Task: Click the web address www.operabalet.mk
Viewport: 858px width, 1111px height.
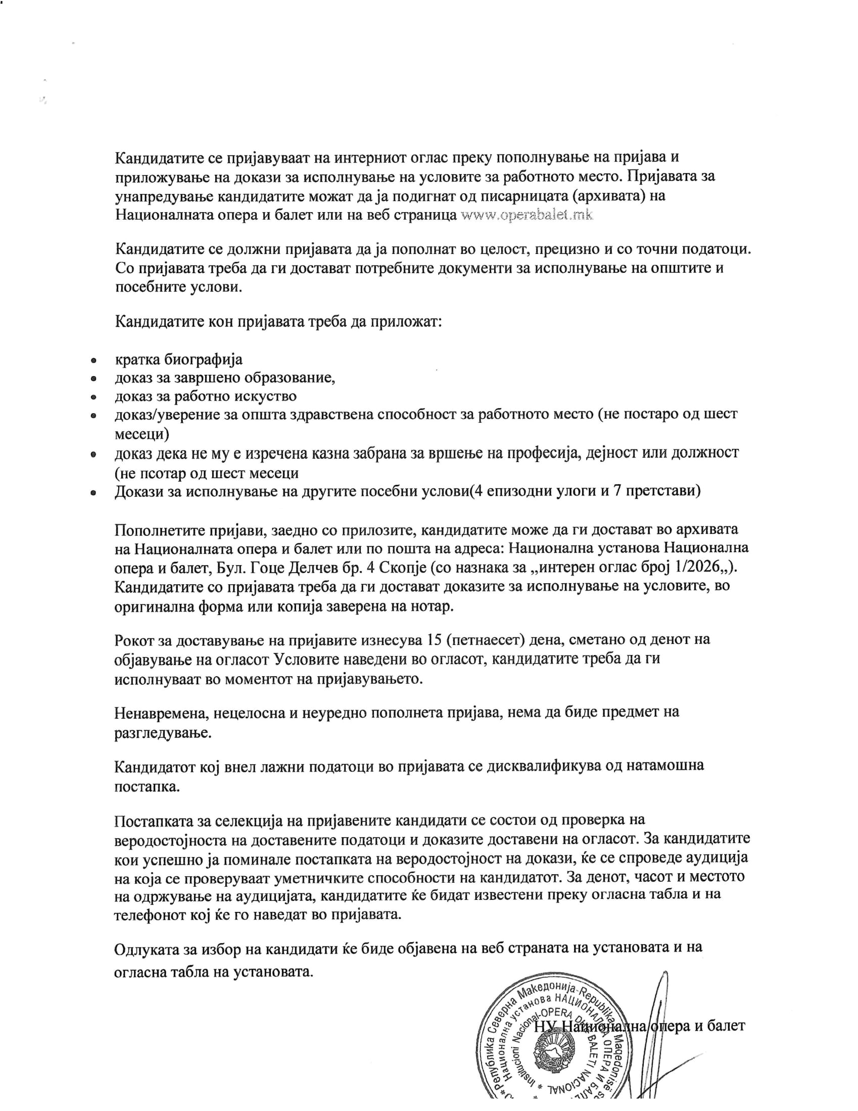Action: click(x=526, y=215)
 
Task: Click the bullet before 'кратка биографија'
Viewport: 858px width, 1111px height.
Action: click(x=93, y=361)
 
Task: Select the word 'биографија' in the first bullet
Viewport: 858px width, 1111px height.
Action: click(x=203, y=360)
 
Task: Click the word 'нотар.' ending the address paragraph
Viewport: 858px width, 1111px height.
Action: click(x=428, y=607)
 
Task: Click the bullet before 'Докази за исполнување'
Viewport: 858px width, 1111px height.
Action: click(x=93, y=493)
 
